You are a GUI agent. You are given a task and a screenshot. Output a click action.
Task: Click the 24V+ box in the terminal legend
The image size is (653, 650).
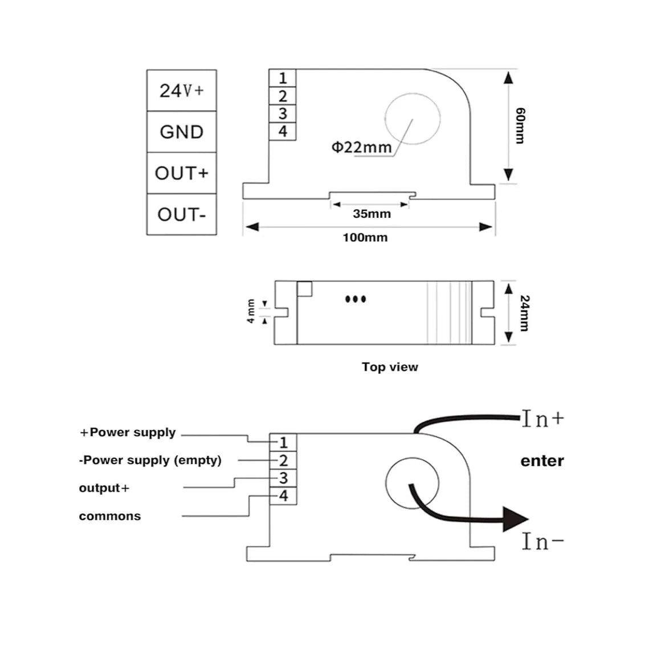tap(182, 91)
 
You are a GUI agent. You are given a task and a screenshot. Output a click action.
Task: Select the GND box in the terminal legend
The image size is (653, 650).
tap(182, 132)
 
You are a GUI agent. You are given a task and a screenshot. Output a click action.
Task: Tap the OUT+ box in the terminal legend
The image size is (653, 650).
tap(182, 173)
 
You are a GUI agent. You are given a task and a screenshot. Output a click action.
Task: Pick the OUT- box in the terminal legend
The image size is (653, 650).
tap(182, 214)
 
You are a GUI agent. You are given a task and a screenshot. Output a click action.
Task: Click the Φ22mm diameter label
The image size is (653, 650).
tap(361, 147)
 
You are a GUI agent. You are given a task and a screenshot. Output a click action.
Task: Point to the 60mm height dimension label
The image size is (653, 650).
tap(520, 126)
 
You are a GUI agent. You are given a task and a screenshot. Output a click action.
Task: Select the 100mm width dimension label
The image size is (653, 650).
tap(365, 238)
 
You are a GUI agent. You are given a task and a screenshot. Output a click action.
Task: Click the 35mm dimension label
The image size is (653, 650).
tap(372, 214)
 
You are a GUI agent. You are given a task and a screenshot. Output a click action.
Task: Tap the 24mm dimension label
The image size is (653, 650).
tap(525, 314)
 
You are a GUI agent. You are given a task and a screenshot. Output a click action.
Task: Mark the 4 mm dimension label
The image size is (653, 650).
tap(251, 311)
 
